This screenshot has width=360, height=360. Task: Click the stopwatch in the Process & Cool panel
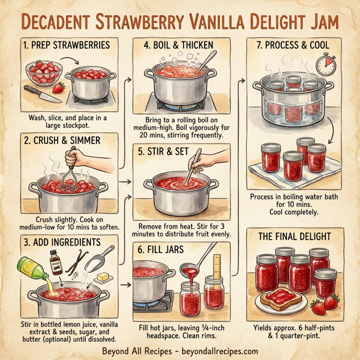pos(326,62)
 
